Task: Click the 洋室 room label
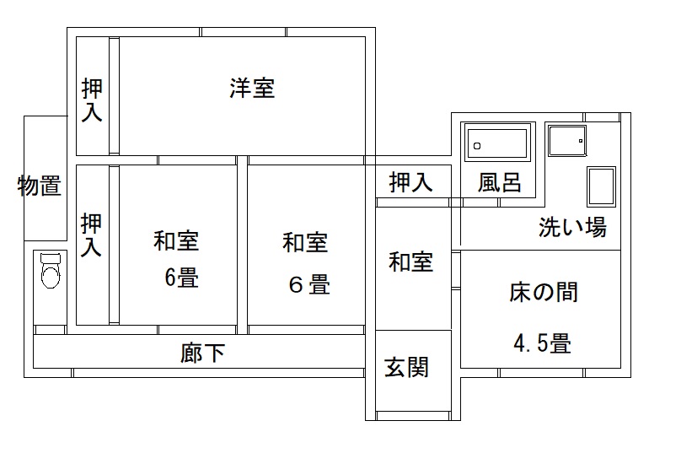point(252,89)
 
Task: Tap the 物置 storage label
point(40,186)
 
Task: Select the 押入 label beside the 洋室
point(92,100)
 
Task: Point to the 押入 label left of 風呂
point(410,182)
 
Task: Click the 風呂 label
point(500,182)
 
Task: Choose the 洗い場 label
point(573,227)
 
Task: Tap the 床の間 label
point(544,293)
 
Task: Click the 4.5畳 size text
point(544,343)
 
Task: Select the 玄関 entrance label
point(407,368)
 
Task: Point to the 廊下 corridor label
point(203,352)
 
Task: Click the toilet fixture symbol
point(51,272)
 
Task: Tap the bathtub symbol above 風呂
point(498,144)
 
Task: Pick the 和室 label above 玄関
point(411,262)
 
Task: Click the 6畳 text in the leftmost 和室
point(181,278)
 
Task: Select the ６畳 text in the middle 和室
point(309,284)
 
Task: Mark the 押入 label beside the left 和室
point(92,235)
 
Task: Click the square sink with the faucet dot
point(566,140)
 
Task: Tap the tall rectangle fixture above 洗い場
point(601,186)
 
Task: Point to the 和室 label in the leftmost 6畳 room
point(176,242)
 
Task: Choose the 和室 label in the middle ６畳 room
point(305,244)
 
